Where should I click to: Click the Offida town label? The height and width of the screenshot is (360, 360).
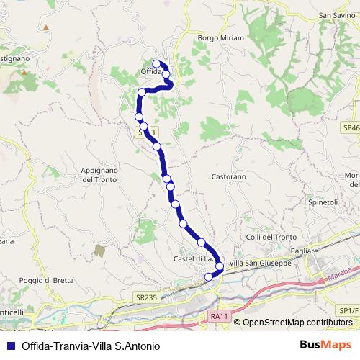[148, 72]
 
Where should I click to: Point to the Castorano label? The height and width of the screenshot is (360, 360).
[229, 176]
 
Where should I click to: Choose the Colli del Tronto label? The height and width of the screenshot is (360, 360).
[271, 238]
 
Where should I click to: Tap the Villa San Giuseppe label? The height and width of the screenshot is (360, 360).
[260, 264]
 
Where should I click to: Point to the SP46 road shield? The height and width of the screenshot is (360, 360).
[351, 127]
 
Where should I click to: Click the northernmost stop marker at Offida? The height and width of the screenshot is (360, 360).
[156, 64]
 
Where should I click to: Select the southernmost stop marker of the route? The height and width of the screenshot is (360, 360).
[210, 276]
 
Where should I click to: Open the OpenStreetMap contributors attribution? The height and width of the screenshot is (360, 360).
[297, 323]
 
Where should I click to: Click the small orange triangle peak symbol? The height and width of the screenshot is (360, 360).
[45, 27]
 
